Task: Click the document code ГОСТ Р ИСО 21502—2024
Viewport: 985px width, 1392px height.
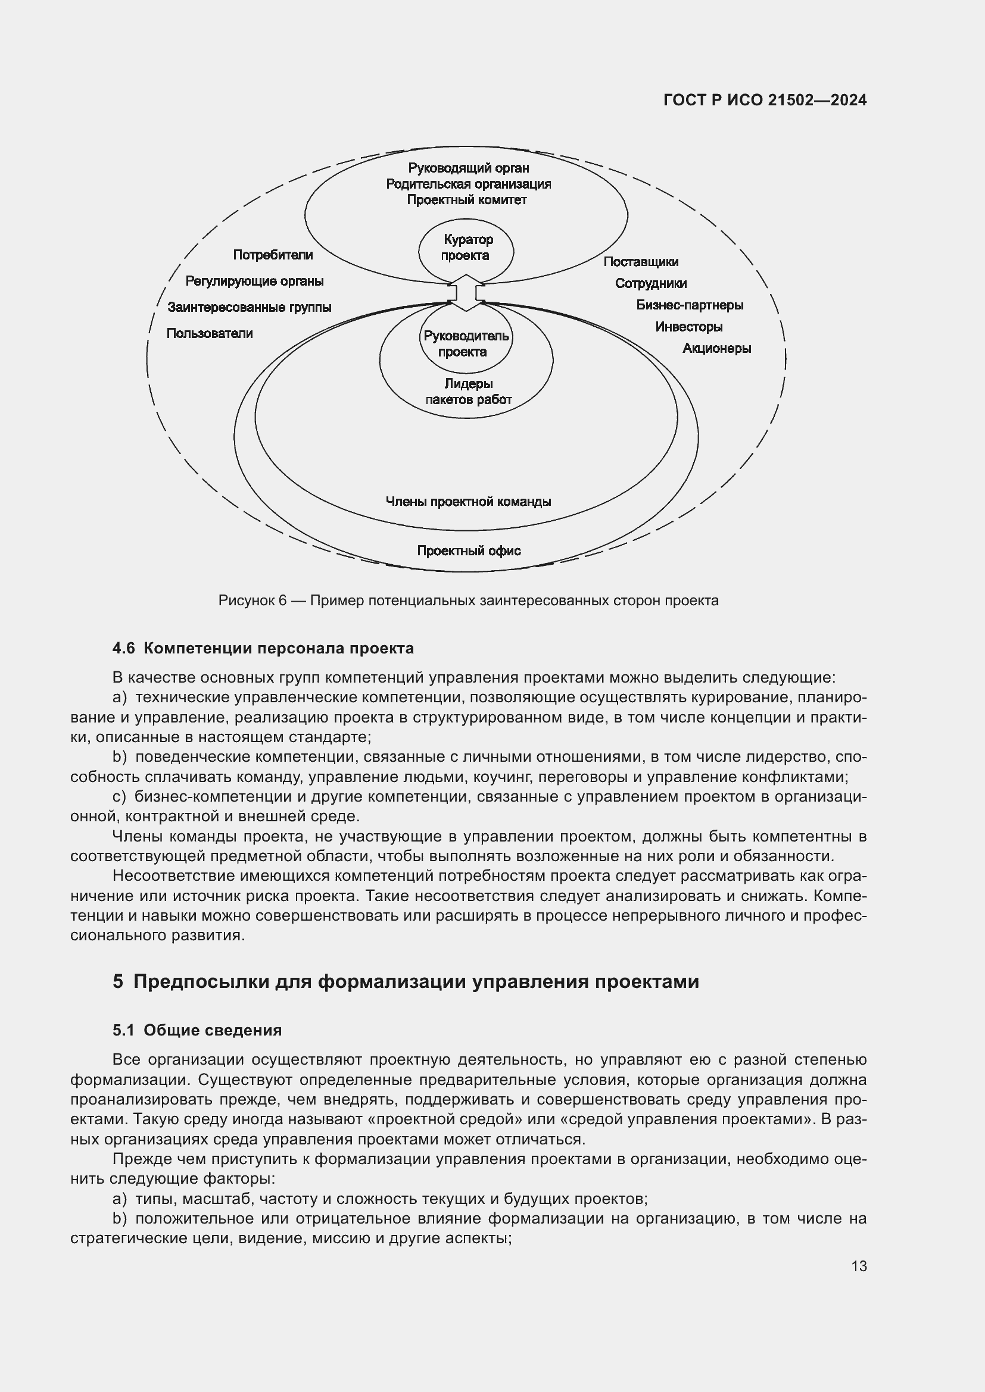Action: coord(765,100)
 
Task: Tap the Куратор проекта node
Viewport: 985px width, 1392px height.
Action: coord(466,248)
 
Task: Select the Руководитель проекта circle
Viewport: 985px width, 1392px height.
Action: coord(465,344)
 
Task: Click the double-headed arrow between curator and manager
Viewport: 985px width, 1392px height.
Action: coord(466,293)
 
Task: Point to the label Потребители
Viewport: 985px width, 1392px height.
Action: coord(273,255)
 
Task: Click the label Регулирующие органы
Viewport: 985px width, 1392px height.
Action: coord(254,281)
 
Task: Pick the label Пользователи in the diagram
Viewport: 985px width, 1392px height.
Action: coord(209,333)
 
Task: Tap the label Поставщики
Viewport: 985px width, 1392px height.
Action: coord(641,262)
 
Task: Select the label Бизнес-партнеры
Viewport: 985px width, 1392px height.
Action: coord(690,305)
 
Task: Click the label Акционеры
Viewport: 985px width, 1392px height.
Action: coord(716,349)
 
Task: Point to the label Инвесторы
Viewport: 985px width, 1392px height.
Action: coord(688,327)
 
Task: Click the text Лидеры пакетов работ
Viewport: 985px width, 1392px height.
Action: coord(468,392)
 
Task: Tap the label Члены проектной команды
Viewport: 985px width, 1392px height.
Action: coord(468,501)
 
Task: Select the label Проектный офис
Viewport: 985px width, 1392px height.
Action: coord(468,550)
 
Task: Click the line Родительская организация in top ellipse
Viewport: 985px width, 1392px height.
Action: coord(468,184)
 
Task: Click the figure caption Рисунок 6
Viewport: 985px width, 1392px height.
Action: coord(468,601)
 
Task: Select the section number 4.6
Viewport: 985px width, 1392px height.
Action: coord(124,648)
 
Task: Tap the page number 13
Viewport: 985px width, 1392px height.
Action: coord(859,1266)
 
